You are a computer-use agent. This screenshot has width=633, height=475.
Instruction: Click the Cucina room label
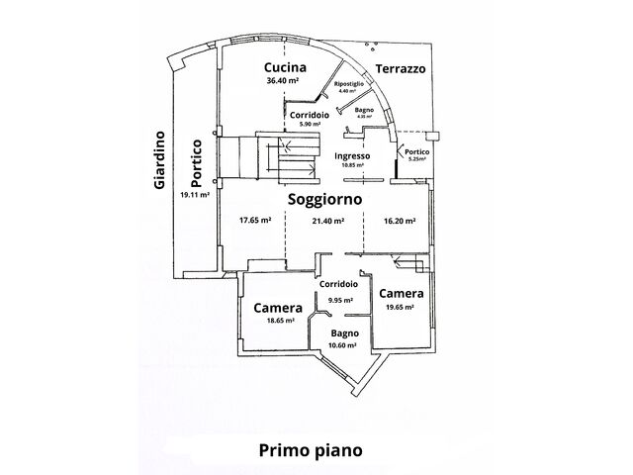point(285,67)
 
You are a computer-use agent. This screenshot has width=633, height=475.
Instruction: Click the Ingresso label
point(352,156)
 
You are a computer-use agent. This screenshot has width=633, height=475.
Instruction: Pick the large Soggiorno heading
point(324,199)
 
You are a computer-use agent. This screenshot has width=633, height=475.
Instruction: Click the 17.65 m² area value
point(255,221)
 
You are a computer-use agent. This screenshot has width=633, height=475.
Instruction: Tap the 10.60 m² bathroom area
point(344,345)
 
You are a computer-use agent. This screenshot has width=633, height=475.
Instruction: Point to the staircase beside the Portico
point(245,158)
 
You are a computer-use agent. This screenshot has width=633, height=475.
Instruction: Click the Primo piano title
point(311,449)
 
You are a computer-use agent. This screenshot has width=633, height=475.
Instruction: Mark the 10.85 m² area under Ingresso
point(352,165)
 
